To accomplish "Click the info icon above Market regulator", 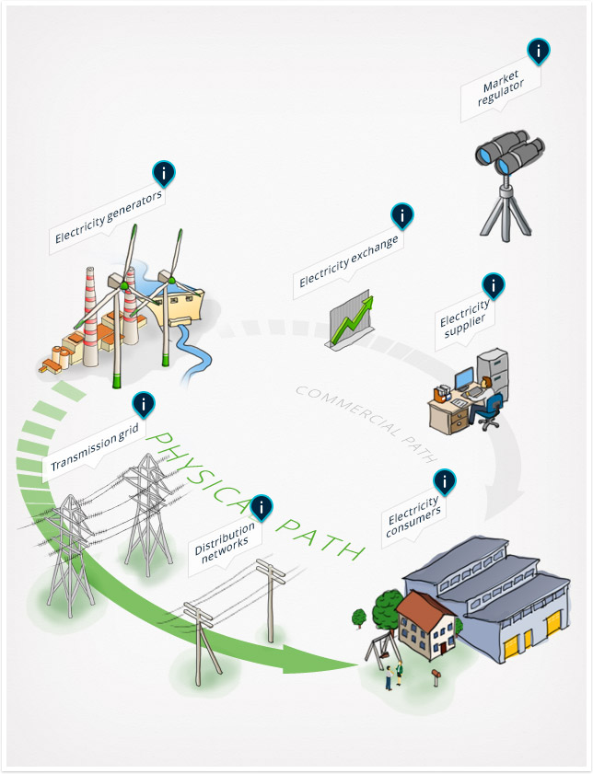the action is pos(538,51).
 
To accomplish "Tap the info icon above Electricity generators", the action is pos(164,173).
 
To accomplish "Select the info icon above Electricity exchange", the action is pos(402,215).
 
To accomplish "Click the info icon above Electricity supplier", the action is pos(493,285).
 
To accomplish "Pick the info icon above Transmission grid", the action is pos(144,405).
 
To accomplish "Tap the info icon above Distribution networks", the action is pos(262,506).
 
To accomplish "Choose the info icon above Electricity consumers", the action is pos(445,481).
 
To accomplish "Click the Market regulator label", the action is pos(501,87).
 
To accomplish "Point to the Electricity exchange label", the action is pos(349,261).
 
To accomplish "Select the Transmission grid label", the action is pos(95,447).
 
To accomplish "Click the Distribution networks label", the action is pos(226,542).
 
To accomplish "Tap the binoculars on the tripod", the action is pos(509,154).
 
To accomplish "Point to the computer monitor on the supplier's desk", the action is pos(464,378).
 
